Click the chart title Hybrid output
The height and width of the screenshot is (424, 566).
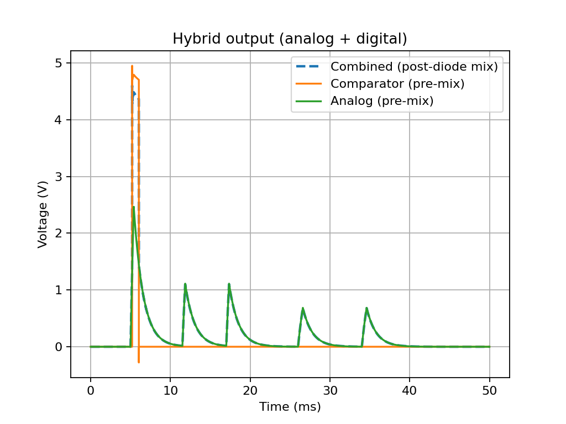(290, 39)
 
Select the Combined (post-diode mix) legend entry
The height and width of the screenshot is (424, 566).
(414, 67)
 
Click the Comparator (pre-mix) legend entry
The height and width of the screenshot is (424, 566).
(397, 84)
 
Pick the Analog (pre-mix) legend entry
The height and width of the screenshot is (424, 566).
(381, 101)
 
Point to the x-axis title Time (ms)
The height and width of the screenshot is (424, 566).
(290, 407)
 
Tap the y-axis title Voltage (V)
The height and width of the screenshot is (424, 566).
(43, 214)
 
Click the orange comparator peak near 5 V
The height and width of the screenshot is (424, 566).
(132, 66)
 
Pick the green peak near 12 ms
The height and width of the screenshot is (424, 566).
(185, 284)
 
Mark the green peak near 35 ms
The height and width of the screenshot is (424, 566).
(366, 308)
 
